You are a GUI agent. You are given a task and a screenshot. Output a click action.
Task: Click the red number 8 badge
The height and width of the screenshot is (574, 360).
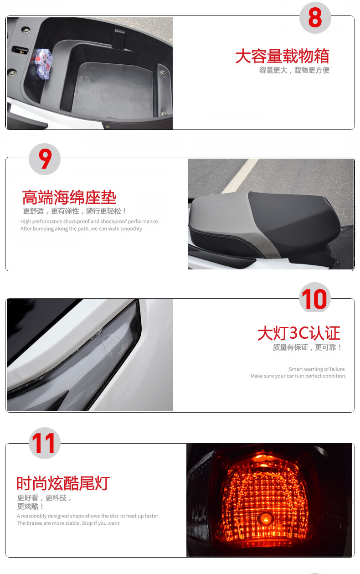pyautogui.click(x=315, y=17)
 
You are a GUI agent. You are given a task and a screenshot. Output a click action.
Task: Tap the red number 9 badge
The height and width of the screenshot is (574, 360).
pyautogui.click(x=45, y=159)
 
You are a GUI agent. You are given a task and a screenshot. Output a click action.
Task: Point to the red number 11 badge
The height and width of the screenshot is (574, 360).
pyautogui.click(x=45, y=443)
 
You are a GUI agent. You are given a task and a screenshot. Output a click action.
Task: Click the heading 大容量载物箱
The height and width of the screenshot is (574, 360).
pyautogui.click(x=282, y=56)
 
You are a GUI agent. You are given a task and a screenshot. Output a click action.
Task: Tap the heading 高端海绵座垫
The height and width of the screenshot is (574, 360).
pyautogui.click(x=69, y=197)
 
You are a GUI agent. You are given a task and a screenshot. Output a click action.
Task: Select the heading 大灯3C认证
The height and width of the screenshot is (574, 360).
pyautogui.click(x=299, y=333)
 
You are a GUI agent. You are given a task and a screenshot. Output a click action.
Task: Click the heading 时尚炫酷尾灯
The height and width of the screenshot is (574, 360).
pyautogui.click(x=63, y=483)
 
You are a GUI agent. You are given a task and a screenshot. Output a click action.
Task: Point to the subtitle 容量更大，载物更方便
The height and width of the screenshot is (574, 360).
pyautogui.click(x=294, y=70)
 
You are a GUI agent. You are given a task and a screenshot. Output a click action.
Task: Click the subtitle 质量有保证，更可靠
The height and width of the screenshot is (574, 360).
pyautogui.click(x=307, y=347)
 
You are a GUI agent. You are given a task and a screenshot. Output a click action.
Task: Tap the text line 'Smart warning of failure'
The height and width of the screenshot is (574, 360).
pyautogui.click(x=317, y=369)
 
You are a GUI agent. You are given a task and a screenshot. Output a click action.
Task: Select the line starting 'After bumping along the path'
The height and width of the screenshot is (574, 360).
pyautogui.click(x=82, y=228)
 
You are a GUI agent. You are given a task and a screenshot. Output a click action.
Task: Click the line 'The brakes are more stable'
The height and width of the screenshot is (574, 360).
pyautogui.click(x=69, y=523)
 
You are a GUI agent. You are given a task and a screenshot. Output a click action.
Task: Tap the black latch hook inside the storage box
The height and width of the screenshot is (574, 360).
pyautogui.click(x=118, y=40)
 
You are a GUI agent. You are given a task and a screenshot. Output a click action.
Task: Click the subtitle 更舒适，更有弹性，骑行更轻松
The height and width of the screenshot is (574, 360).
pyautogui.click(x=74, y=211)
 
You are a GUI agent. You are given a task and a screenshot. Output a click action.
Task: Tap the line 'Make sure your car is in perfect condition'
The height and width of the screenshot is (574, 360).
pyautogui.click(x=298, y=376)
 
